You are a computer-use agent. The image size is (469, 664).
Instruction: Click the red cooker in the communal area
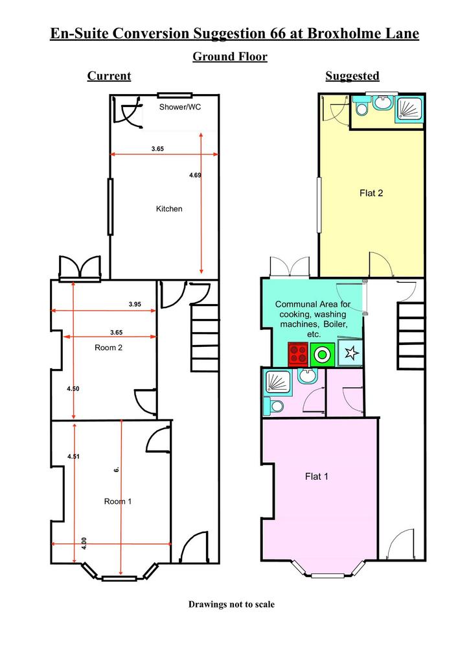tap(298, 355)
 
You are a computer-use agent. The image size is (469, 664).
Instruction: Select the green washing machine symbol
tap(323, 355)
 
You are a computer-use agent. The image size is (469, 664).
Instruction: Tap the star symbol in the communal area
tap(350, 353)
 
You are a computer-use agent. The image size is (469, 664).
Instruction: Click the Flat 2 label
tap(371, 193)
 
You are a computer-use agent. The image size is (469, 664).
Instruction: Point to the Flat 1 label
tap(316, 477)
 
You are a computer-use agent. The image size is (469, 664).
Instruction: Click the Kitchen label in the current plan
tap(169, 209)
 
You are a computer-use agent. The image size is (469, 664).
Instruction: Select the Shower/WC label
tap(179, 107)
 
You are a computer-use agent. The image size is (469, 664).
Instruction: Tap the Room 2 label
tap(108, 348)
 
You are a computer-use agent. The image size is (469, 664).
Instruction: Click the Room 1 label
tap(117, 501)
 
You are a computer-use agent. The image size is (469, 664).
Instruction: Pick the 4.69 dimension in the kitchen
tap(195, 175)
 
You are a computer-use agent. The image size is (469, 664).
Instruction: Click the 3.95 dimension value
tap(135, 304)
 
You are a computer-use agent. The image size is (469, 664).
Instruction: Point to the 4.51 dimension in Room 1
tap(73, 456)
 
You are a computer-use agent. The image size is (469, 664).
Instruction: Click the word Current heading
tap(109, 76)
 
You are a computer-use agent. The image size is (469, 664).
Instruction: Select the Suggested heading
tap(352, 76)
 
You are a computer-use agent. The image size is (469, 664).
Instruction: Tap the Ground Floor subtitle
tap(230, 56)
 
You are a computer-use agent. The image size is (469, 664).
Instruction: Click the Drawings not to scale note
tap(231, 604)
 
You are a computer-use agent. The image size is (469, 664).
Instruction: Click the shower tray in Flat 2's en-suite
tap(409, 109)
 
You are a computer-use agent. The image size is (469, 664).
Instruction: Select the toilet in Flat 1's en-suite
tap(273, 406)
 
